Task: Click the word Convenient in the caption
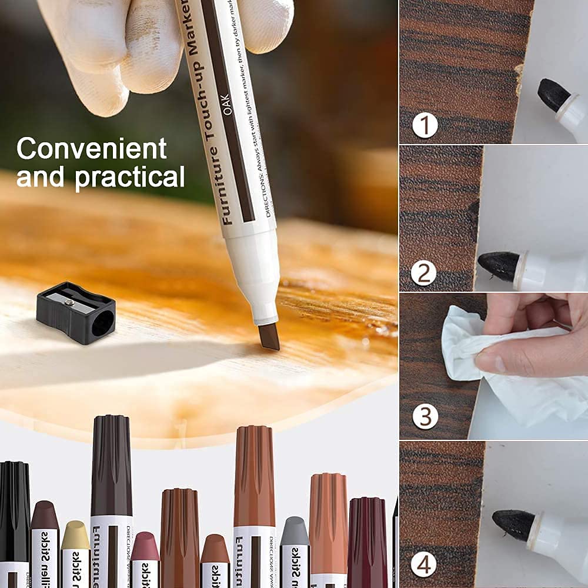click(x=91, y=149)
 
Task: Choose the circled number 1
click(x=425, y=125)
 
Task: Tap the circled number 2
click(x=424, y=273)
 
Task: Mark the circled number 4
click(x=424, y=565)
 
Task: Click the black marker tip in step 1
click(x=553, y=95)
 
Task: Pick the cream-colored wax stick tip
click(x=75, y=534)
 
